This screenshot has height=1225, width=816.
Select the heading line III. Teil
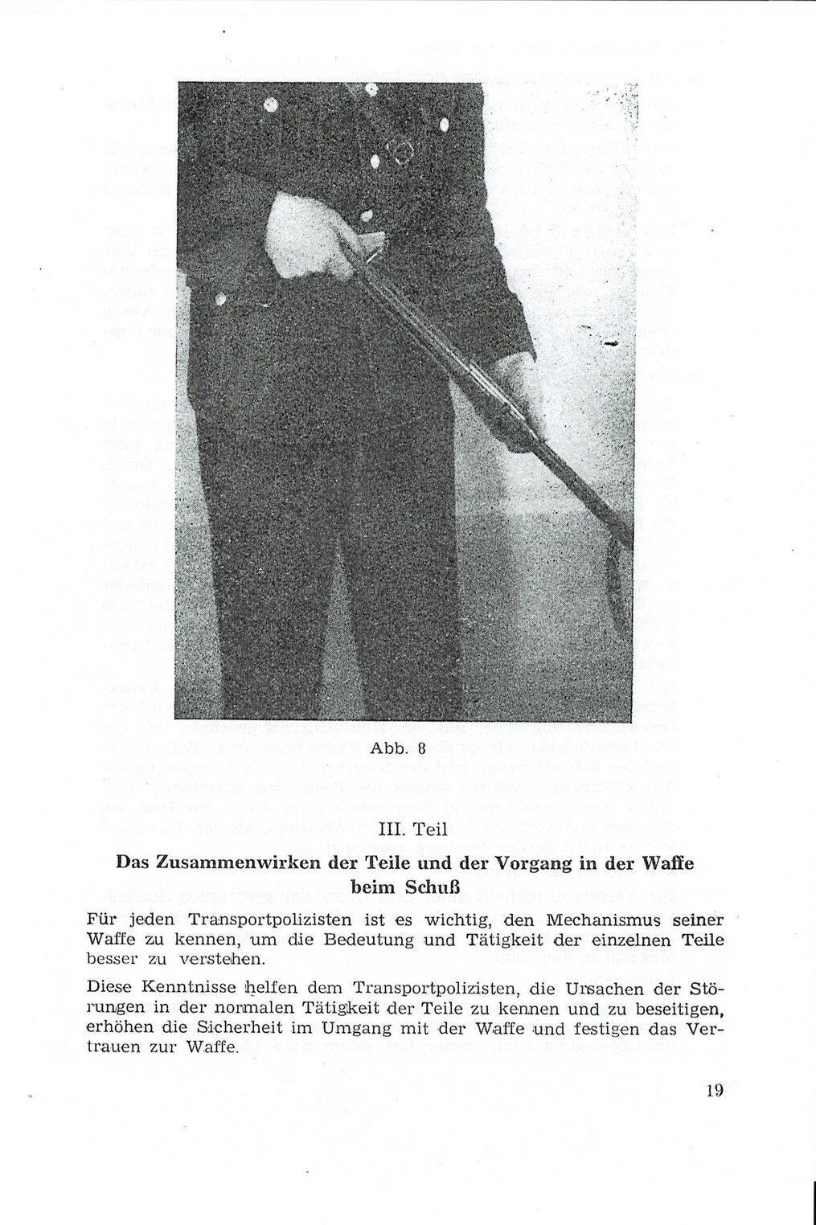408,830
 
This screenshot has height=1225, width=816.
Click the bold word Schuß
437,889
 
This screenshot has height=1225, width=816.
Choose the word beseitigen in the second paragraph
672,1008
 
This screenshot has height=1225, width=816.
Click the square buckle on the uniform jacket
399,154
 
